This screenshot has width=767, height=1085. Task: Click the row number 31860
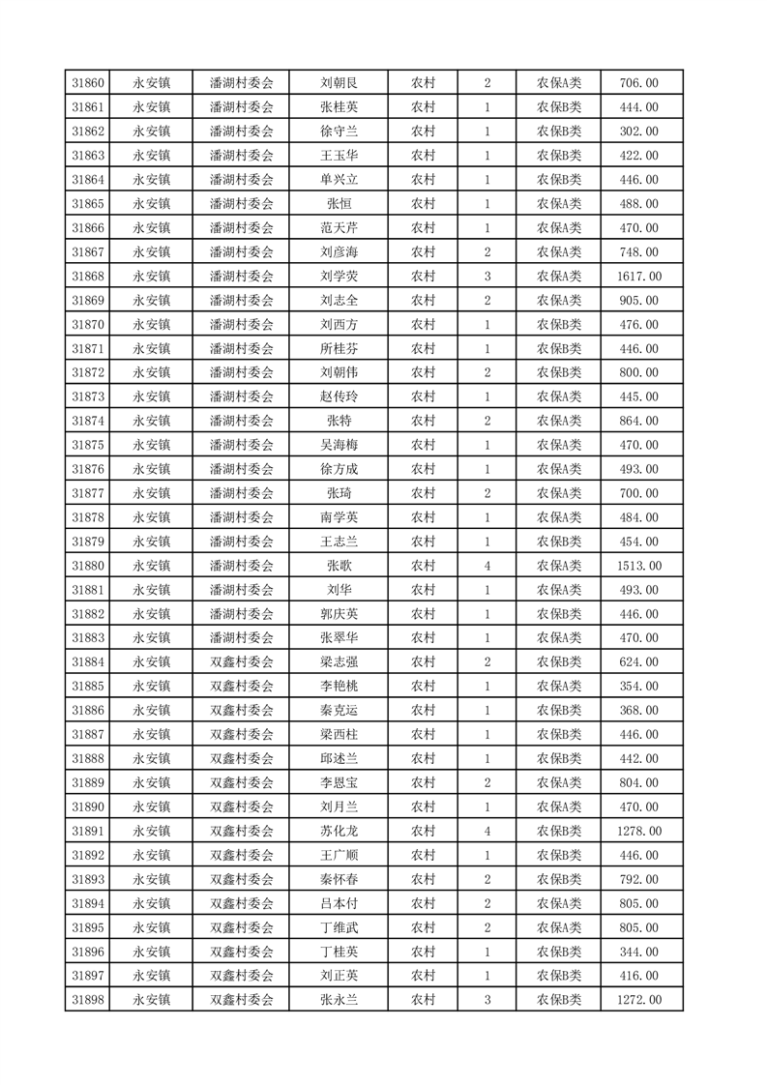tap(89, 83)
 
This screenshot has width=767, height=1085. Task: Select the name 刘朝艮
tap(339, 83)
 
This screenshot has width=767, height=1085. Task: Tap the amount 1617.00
tap(640, 277)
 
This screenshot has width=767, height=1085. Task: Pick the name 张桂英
tap(339, 107)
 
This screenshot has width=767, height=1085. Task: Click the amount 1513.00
tap(640, 566)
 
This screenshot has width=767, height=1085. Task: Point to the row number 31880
tap(89, 566)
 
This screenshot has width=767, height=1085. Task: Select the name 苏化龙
tap(339, 831)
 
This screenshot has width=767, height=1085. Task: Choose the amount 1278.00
tap(640, 831)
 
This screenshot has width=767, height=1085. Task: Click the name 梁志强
tap(339, 662)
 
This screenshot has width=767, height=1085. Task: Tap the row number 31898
tap(89, 1000)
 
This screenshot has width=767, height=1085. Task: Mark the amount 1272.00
tap(640, 1000)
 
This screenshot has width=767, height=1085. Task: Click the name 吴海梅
tap(339, 445)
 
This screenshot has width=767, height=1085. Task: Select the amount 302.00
tap(640, 132)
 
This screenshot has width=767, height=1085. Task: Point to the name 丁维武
tap(339, 927)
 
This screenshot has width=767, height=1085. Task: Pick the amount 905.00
tap(640, 301)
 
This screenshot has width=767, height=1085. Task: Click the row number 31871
tap(89, 349)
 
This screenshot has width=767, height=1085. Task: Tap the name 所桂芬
tap(339, 349)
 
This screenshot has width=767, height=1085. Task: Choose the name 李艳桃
tap(339, 687)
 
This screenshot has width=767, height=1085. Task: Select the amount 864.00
tap(640, 421)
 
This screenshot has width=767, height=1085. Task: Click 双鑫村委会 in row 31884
tap(242, 662)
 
